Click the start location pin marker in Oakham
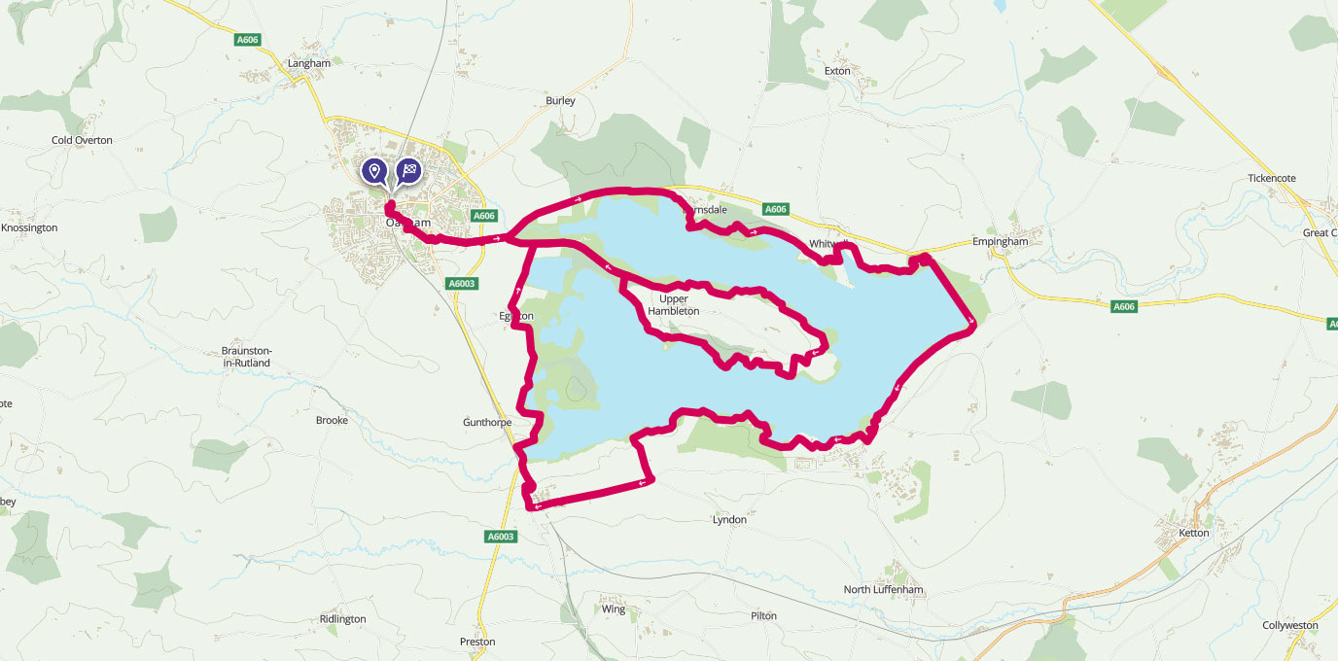point(374,172)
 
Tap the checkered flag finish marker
point(409,172)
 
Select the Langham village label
point(309,63)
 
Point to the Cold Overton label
point(82,140)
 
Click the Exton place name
point(837,71)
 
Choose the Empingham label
point(1001,242)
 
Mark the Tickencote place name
point(1272,178)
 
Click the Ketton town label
point(1193,533)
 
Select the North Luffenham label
point(883,590)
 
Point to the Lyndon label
point(729,520)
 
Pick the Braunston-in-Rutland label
point(247,357)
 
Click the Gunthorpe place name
point(487,423)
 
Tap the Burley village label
point(560,100)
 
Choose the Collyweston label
point(1289,625)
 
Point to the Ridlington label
point(342,619)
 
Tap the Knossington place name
point(29,227)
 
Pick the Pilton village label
point(764,616)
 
